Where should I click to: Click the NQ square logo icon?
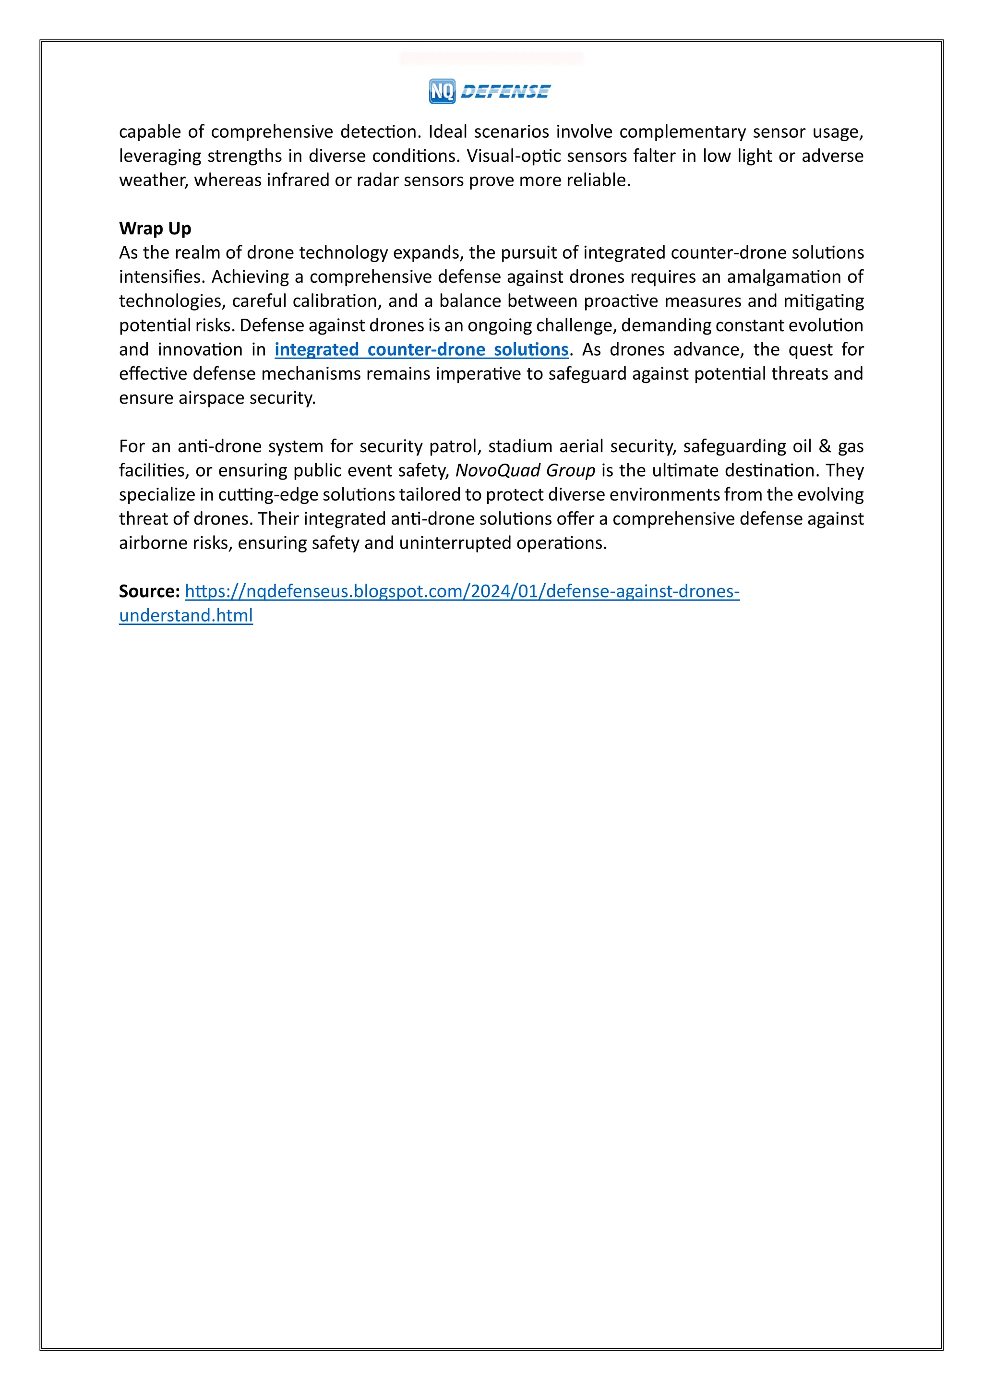point(442,91)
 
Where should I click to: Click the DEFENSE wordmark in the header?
point(505,91)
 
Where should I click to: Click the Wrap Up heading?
point(155,228)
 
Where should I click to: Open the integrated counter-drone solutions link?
point(421,349)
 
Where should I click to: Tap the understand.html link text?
point(186,615)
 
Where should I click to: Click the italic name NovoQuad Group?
point(525,470)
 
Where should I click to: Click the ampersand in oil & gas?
point(825,446)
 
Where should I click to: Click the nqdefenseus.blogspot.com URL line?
point(462,591)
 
